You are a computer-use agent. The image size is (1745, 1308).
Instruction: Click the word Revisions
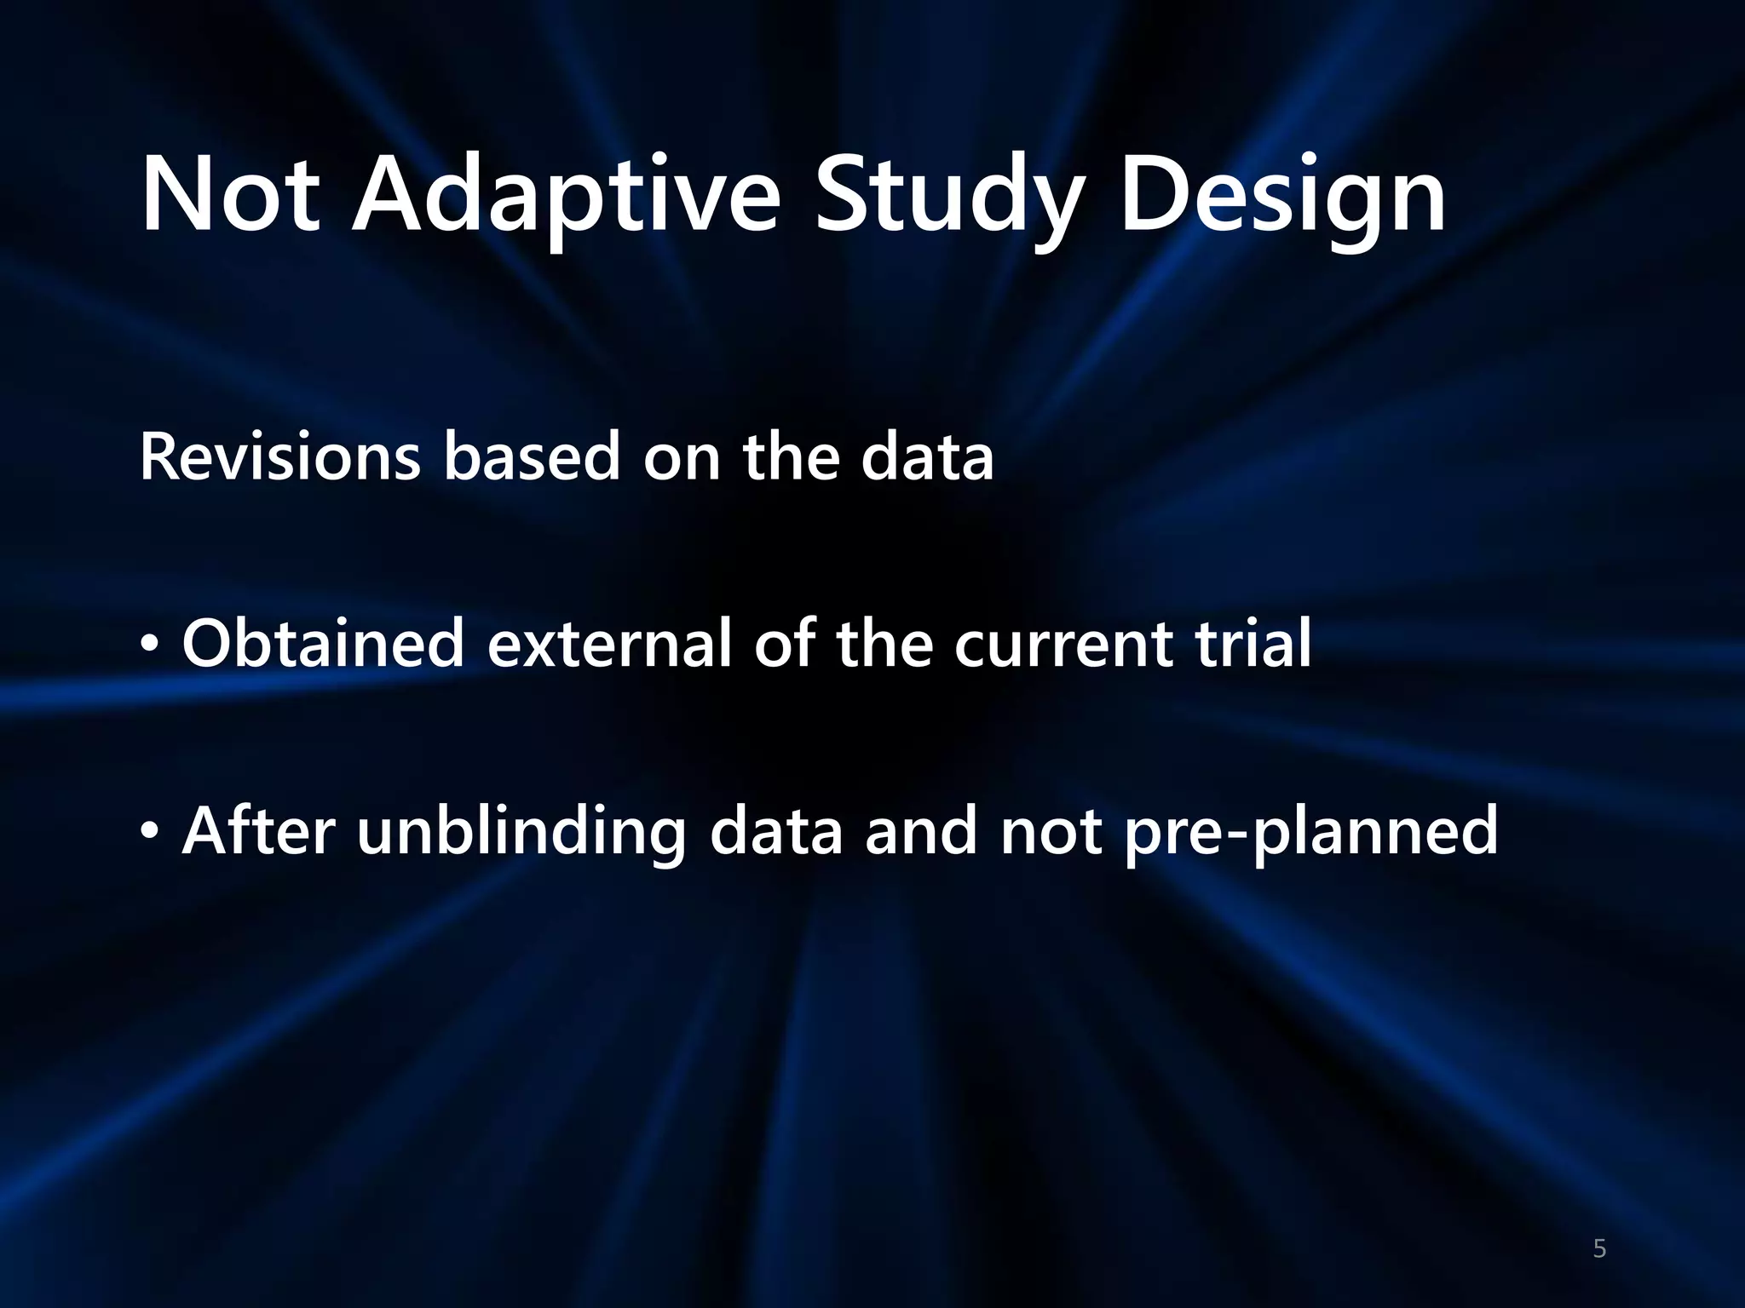pyautogui.click(x=279, y=457)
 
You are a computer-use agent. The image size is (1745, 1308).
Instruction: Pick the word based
pyautogui.click(x=532, y=457)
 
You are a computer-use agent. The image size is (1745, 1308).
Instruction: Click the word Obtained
pyautogui.click(x=323, y=644)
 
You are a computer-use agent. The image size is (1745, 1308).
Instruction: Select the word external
pyautogui.click(x=609, y=644)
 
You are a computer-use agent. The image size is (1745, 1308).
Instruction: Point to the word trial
pyautogui.click(x=1253, y=644)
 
